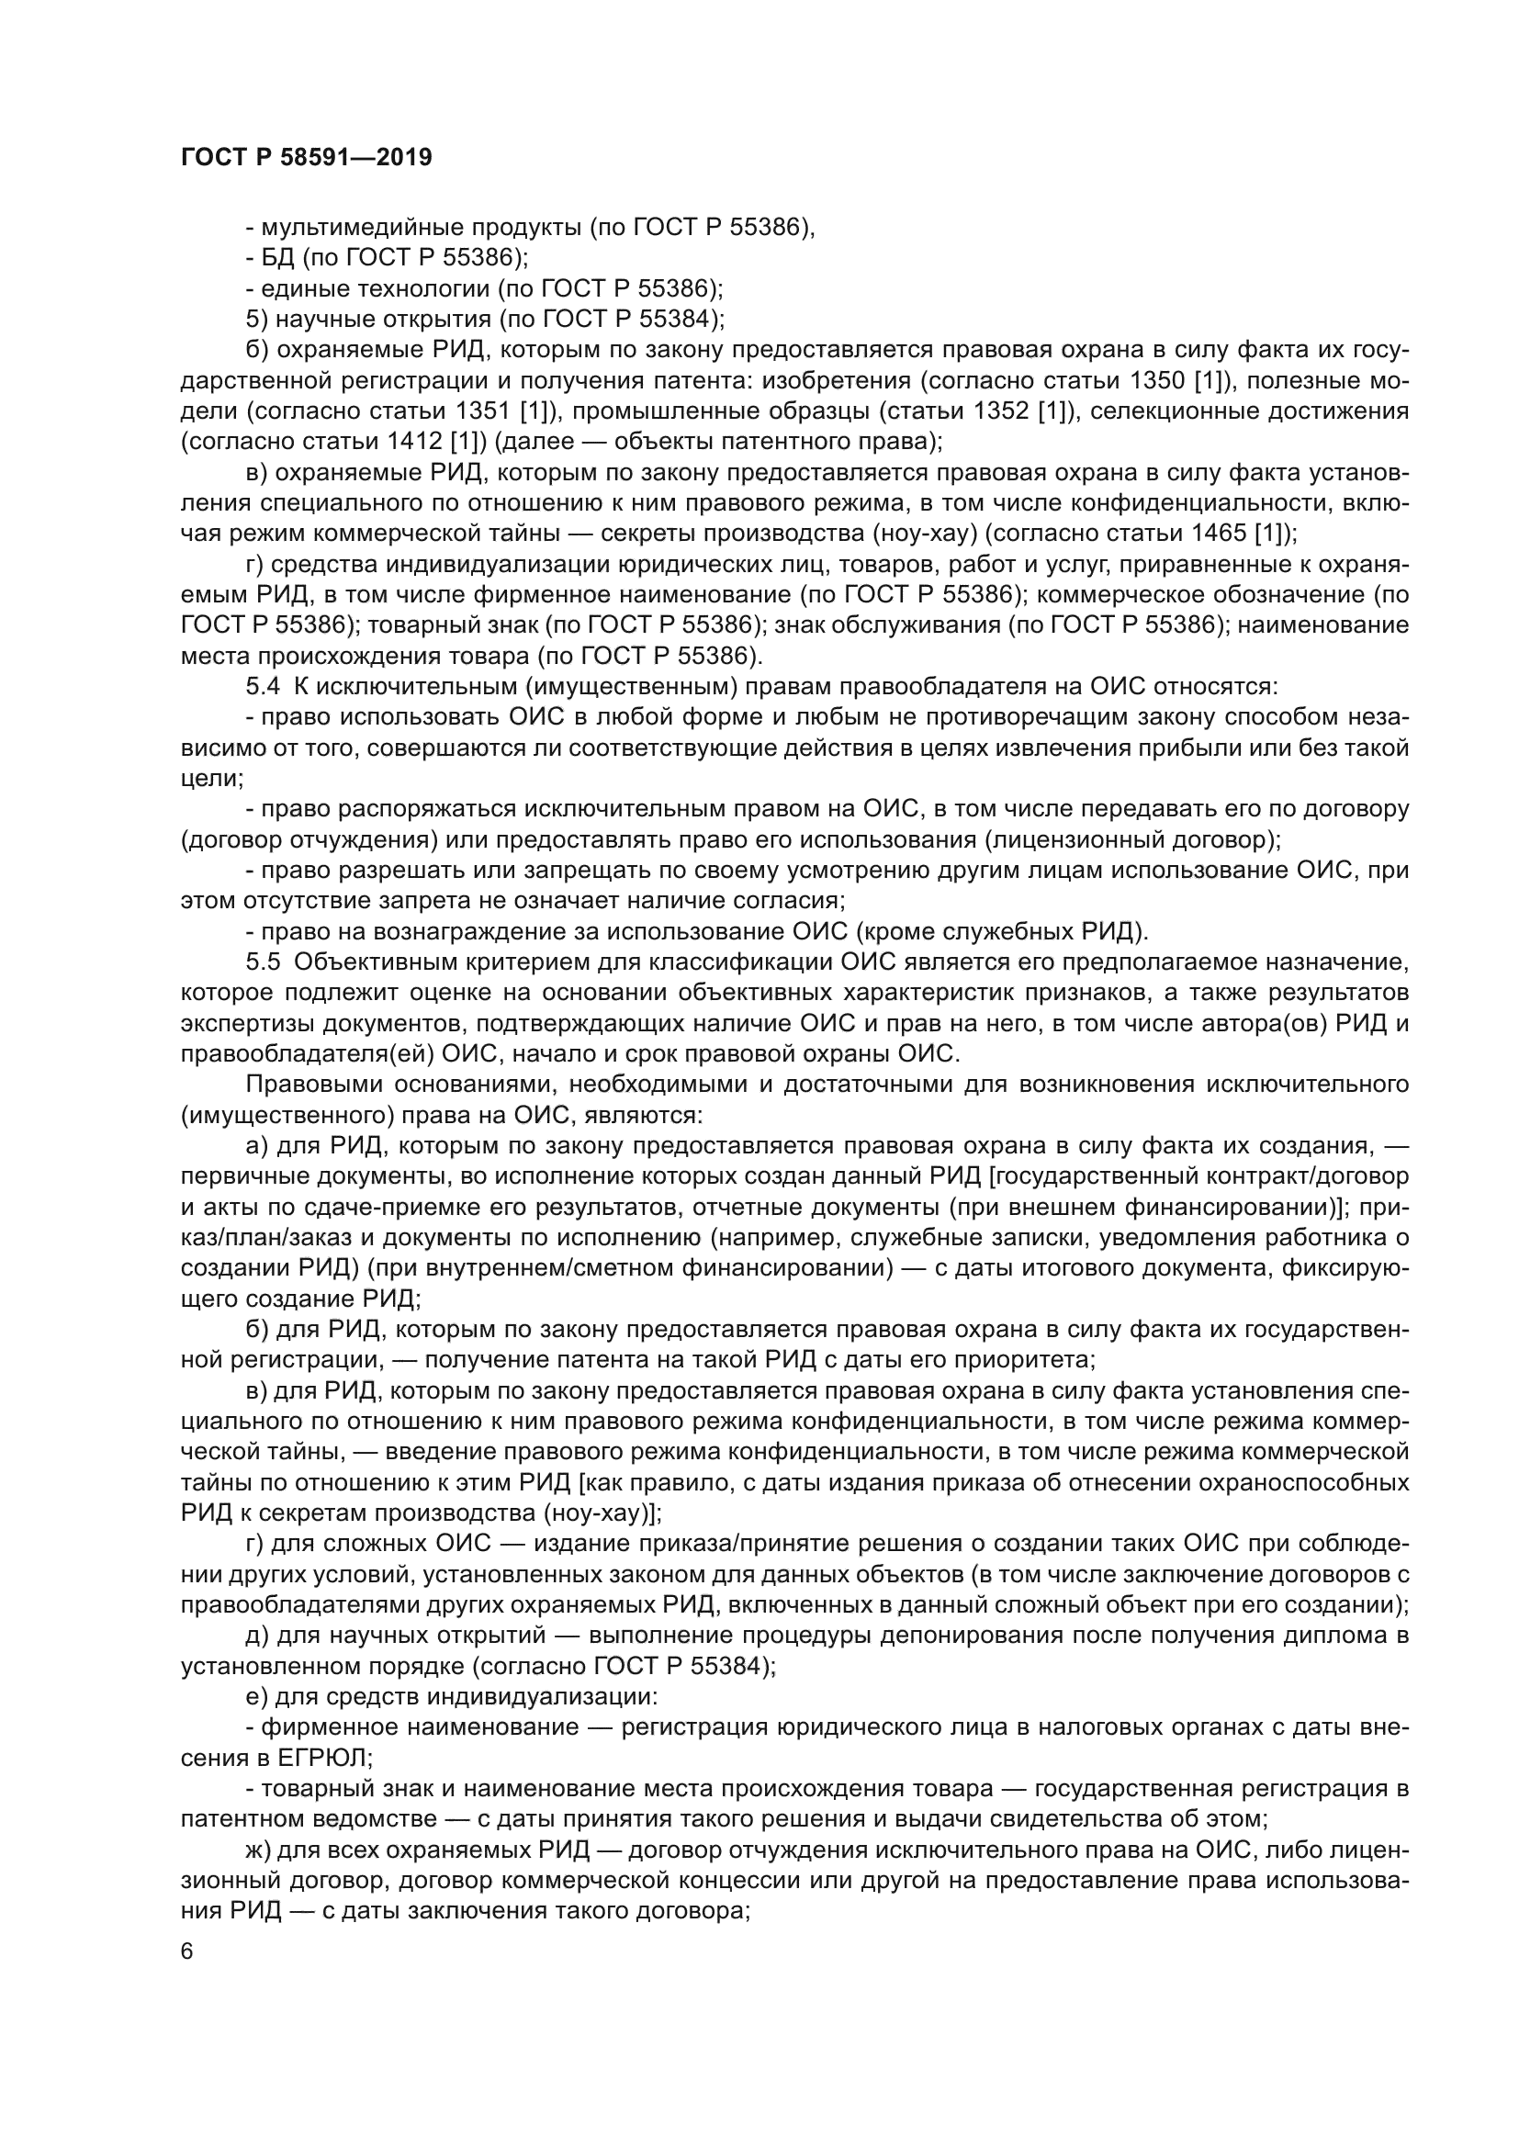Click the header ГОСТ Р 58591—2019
coord(306,158)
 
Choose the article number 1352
coord(1004,411)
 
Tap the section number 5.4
coord(263,687)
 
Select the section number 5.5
coord(263,962)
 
